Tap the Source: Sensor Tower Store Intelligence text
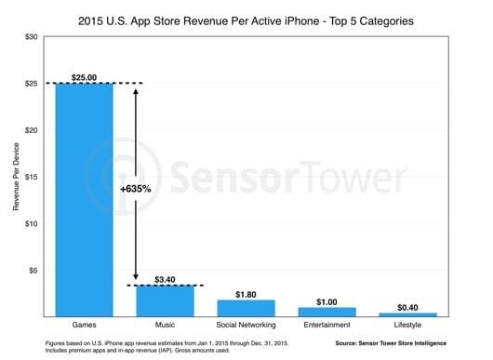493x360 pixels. click(407, 345)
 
